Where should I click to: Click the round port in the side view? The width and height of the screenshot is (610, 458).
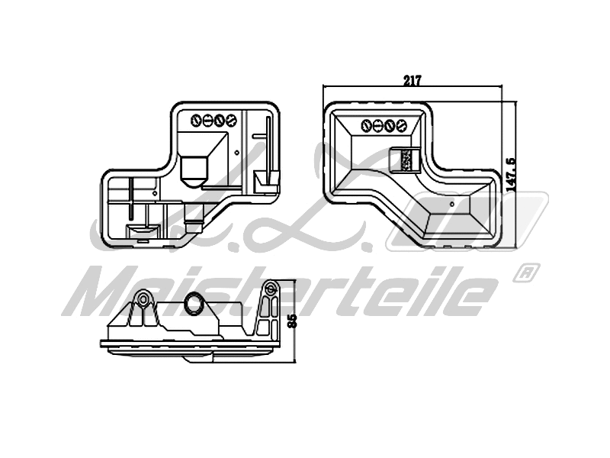194,305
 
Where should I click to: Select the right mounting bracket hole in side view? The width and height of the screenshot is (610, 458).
270,289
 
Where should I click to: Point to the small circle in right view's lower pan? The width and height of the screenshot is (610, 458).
452,204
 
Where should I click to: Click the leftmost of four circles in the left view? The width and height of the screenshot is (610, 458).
194,120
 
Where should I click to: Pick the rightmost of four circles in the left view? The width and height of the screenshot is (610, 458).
228,120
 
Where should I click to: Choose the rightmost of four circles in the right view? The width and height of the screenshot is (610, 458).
402,126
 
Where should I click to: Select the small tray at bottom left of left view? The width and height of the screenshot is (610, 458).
141,229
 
